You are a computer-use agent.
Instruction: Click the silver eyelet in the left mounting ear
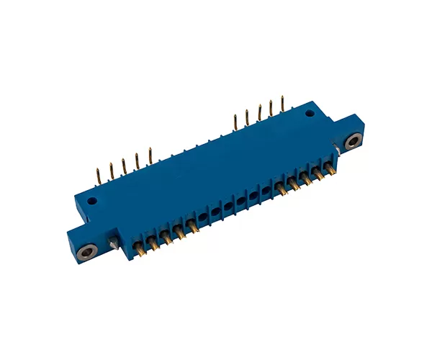(88, 251)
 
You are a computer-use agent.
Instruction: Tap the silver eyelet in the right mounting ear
(352, 141)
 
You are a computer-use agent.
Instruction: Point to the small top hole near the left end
(91, 203)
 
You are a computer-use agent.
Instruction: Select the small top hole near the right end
(310, 114)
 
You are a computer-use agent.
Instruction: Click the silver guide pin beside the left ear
(114, 241)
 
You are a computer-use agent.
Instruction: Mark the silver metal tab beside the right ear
(336, 150)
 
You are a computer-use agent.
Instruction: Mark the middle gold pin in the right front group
(306, 180)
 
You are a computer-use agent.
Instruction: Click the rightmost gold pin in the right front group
(330, 170)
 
